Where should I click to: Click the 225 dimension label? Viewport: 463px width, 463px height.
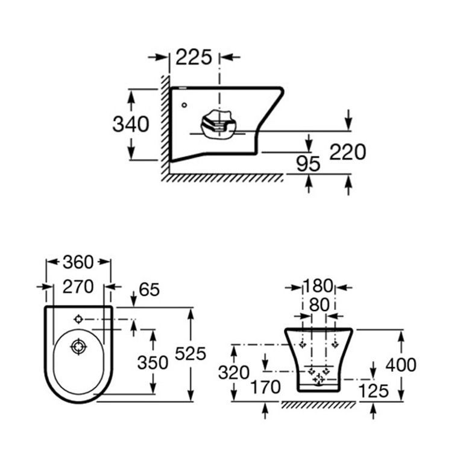click(x=194, y=57)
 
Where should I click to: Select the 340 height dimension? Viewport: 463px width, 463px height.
click(x=131, y=124)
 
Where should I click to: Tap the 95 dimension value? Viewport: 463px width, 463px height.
click(x=308, y=162)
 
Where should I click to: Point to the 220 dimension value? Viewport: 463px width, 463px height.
click(x=348, y=152)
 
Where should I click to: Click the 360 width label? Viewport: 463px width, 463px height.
click(x=78, y=262)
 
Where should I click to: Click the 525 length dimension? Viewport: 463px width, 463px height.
click(x=190, y=353)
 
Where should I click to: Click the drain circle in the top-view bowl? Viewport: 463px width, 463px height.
click(x=77, y=347)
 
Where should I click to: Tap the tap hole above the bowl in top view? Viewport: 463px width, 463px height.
click(x=78, y=318)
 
